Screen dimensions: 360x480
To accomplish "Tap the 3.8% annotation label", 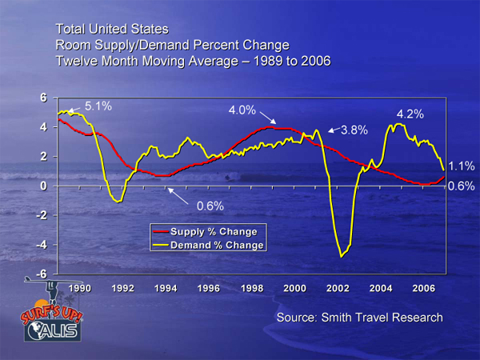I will [355, 130].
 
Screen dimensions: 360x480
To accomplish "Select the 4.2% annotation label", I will [410, 114].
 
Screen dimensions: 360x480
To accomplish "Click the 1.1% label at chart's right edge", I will [462, 166].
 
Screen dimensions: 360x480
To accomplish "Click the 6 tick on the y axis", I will [46, 98].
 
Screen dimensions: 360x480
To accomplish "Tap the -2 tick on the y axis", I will [44, 215].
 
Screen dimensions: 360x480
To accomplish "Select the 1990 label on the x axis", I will [79, 287].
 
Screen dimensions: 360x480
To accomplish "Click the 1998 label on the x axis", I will [252, 287].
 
